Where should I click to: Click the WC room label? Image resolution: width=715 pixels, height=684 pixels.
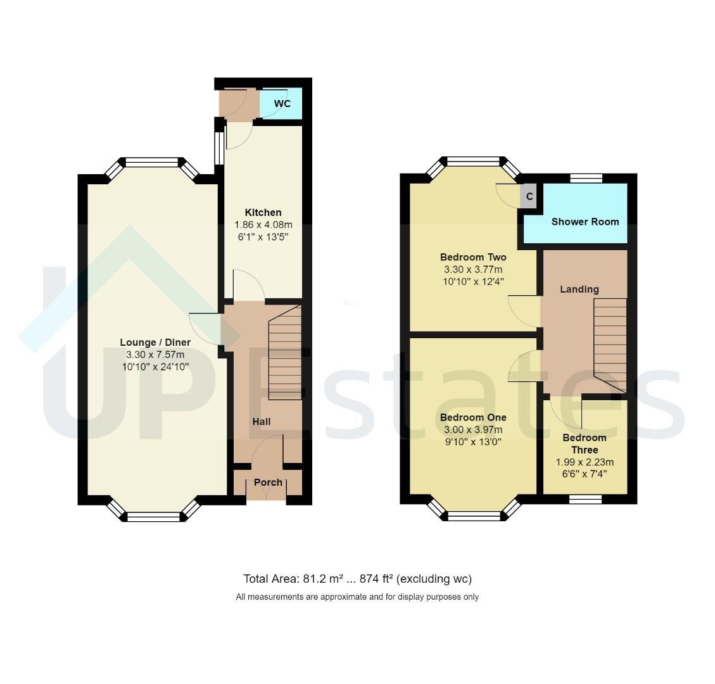[282, 103]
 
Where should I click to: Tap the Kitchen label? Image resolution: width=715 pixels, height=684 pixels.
[263, 213]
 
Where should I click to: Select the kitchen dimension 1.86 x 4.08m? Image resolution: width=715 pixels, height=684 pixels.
[263, 225]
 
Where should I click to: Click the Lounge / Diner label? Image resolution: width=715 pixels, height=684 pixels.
[155, 343]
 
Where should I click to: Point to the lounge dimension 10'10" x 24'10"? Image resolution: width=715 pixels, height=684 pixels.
[155, 367]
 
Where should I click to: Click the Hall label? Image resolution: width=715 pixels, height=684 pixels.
[262, 422]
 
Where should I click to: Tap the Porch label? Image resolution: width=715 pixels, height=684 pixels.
[268, 483]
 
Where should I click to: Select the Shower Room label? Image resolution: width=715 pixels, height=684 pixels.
[585, 222]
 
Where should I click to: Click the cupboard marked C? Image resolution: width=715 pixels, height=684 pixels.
[529, 196]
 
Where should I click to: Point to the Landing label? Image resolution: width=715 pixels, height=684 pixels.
[579, 289]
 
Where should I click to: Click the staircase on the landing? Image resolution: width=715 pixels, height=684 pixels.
[610, 345]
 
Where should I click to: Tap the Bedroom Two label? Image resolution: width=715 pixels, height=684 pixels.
[473, 257]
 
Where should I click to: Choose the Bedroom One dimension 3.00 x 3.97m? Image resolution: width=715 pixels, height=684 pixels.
[473, 429]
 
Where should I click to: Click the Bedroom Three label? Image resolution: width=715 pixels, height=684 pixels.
[585, 444]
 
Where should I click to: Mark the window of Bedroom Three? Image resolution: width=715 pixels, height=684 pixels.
[586, 499]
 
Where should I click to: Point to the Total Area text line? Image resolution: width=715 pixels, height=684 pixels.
[357, 579]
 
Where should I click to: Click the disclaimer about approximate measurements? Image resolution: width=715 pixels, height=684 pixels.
[357, 597]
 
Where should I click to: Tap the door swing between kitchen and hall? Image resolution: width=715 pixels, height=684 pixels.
[249, 285]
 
